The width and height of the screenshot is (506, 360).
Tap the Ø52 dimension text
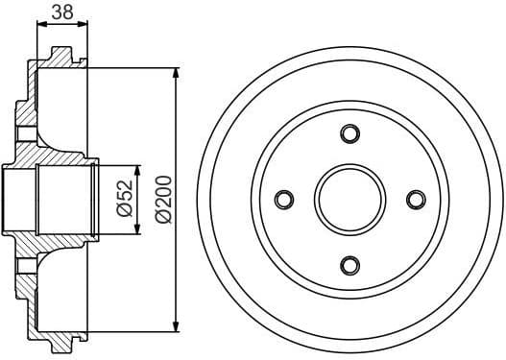click(x=124, y=198)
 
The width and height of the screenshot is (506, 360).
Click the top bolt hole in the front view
click(x=349, y=132)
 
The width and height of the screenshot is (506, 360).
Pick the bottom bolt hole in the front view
click(x=349, y=264)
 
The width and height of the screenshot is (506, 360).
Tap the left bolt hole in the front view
click(x=283, y=199)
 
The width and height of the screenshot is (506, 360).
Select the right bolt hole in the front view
click(x=416, y=199)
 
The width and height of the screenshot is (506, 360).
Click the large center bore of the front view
click(x=349, y=199)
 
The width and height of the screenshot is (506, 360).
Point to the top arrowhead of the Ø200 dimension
click(x=176, y=74)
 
